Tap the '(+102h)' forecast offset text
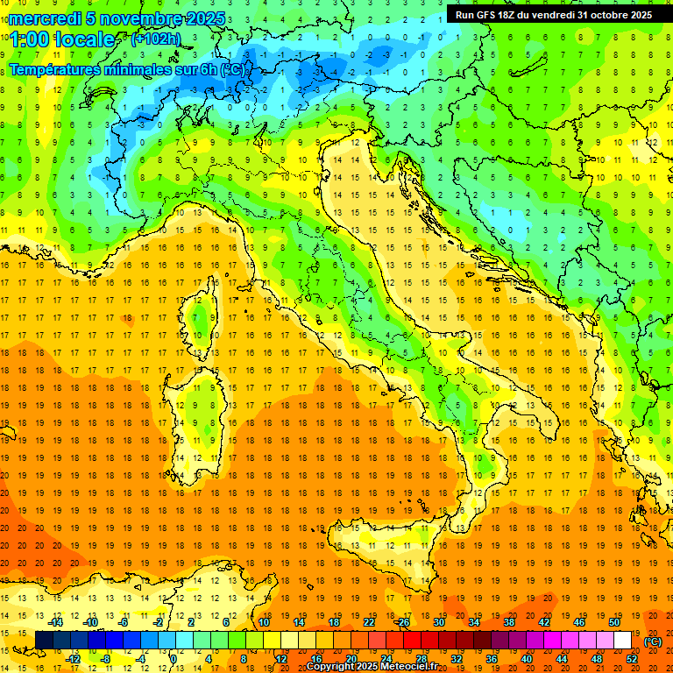pyautogui.click(x=155, y=39)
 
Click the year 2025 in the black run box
pyautogui.click(x=637, y=15)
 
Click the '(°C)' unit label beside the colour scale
pyautogui.click(x=653, y=641)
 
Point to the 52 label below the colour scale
pyautogui.click(x=632, y=659)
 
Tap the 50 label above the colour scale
pyautogui.click(x=614, y=622)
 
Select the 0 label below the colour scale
pyautogui.click(x=175, y=659)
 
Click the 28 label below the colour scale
pyautogui.click(x=422, y=659)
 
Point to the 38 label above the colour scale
pyautogui.click(x=509, y=622)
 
